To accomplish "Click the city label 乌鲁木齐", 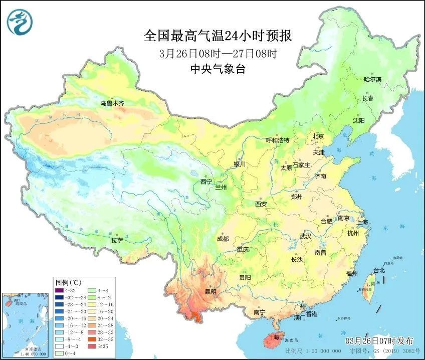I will pyautogui.click(x=112, y=103).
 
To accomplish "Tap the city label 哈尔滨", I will pyautogui.click(x=372, y=79).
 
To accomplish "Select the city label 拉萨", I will pyautogui.click(x=117, y=240).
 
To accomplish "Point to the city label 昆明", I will pyautogui.click(x=210, y=292).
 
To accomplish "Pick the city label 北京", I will pyautogui.click(x=319, y=136).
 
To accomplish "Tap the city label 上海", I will pyautogui.click(x=363, y=222).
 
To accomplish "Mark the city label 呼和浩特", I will pyautogui.click(x=277, y=140).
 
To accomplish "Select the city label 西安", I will pyautogui.click(x=261, y=204).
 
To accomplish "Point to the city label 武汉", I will pyautogui.click(x=305, y=236).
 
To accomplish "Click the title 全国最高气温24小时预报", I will pyautogui.click(x=218, y=36).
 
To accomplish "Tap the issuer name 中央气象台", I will pyautogui.click(x=218, y=70).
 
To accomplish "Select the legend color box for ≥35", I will pyautogui.click(x=92, y=346).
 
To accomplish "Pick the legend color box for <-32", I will pyautogui.click(x=60, y=289).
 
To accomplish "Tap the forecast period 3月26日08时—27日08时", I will pyautogui.click(x=218, y=53).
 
